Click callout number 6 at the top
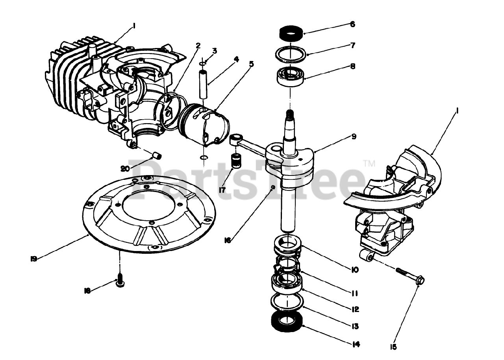click(x=352, y=24)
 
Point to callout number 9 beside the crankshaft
click(x=353, y=137)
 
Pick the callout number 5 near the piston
click(x=251, y=63)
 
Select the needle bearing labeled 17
click(x=236, y=161)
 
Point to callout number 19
click(x=33, y=258)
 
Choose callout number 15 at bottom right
click(x=393, y=347)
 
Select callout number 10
click(x=354, y=270)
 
